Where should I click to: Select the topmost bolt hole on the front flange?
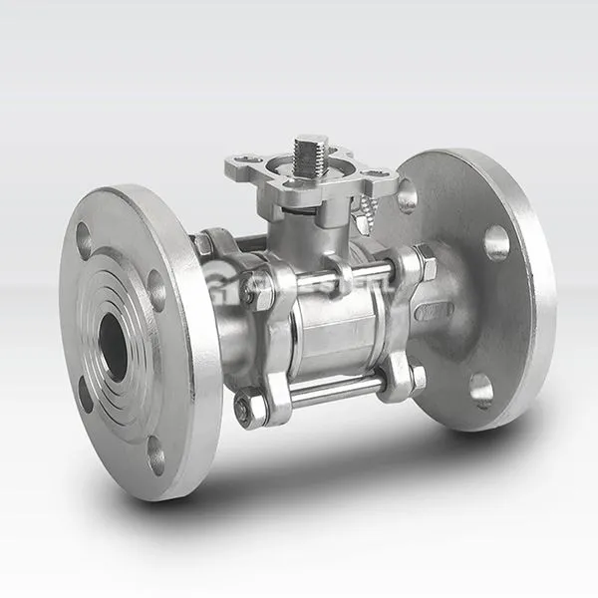pos(84,240)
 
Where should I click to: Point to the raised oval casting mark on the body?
pos(434,311)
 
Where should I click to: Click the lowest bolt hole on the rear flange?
pos(481,390)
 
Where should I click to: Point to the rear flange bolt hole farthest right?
pos(496,242)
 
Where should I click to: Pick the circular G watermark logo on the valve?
pos(239,289)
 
